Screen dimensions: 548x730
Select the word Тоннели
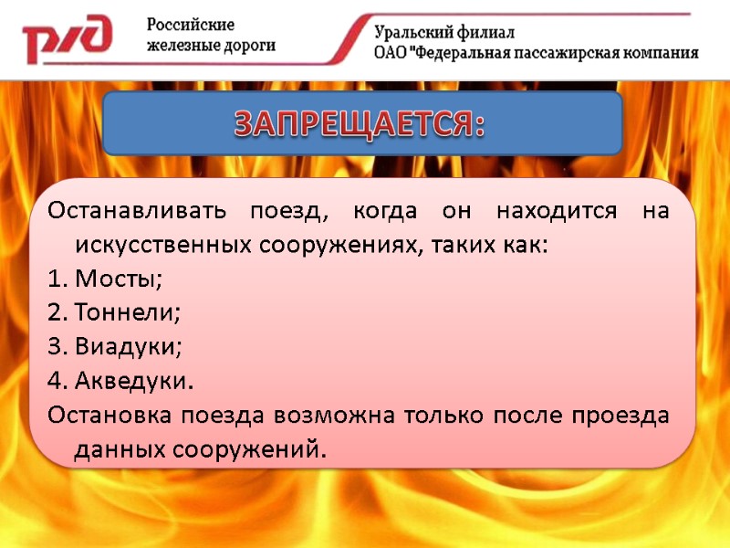128,313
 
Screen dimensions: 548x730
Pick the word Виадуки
129,347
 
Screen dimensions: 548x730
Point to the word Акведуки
134,380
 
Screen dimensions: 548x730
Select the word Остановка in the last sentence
109,416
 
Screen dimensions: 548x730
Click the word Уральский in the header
418,33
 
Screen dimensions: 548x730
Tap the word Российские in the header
192,25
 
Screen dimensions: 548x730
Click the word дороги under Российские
246,46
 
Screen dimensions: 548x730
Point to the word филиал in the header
487,33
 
